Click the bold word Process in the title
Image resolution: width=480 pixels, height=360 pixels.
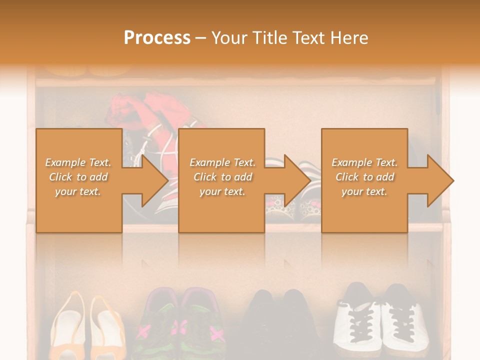tap(157, 38)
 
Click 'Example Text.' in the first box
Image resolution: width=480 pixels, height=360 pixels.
tap(78, 162)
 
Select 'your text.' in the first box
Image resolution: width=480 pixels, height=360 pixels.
tap(78, 191)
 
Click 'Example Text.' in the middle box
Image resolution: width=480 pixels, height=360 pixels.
tap(222, 162)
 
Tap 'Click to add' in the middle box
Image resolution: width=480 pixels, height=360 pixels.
tap(222, 177)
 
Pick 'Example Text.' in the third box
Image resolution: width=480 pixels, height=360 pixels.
tap(364, 162)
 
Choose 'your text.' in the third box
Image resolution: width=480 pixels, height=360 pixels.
tap(364, 191)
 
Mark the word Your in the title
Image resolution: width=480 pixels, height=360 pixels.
tap(229, 38)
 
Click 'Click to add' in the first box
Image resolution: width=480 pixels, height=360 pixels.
tap(78, 177)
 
